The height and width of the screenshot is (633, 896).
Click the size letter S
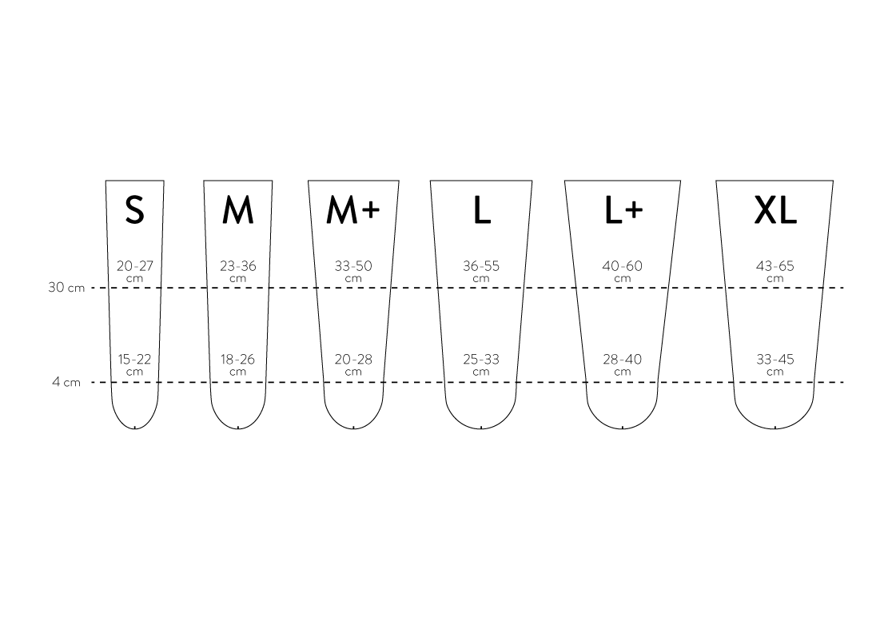135,210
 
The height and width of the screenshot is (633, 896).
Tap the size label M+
352,210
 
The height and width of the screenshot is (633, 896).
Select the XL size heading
775,210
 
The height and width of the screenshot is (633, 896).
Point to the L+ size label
623,210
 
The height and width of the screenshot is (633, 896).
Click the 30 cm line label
66,288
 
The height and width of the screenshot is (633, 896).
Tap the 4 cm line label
66,382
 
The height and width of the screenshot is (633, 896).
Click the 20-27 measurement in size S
135,266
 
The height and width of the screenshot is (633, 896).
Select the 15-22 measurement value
135,360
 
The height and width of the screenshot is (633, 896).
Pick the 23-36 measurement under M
238,266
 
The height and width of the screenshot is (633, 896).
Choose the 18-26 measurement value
238,360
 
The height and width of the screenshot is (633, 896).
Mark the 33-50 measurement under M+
353,266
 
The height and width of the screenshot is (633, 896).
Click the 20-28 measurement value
353,360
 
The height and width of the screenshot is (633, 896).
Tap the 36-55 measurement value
481,266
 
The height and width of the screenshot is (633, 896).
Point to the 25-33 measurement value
481,360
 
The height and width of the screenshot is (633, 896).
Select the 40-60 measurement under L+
623,266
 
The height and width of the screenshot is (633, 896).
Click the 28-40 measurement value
623,360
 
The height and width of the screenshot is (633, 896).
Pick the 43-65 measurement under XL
775,266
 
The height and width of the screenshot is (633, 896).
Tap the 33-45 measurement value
775,360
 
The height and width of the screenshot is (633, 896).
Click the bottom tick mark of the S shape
135,427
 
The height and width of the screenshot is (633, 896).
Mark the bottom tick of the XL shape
775,427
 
